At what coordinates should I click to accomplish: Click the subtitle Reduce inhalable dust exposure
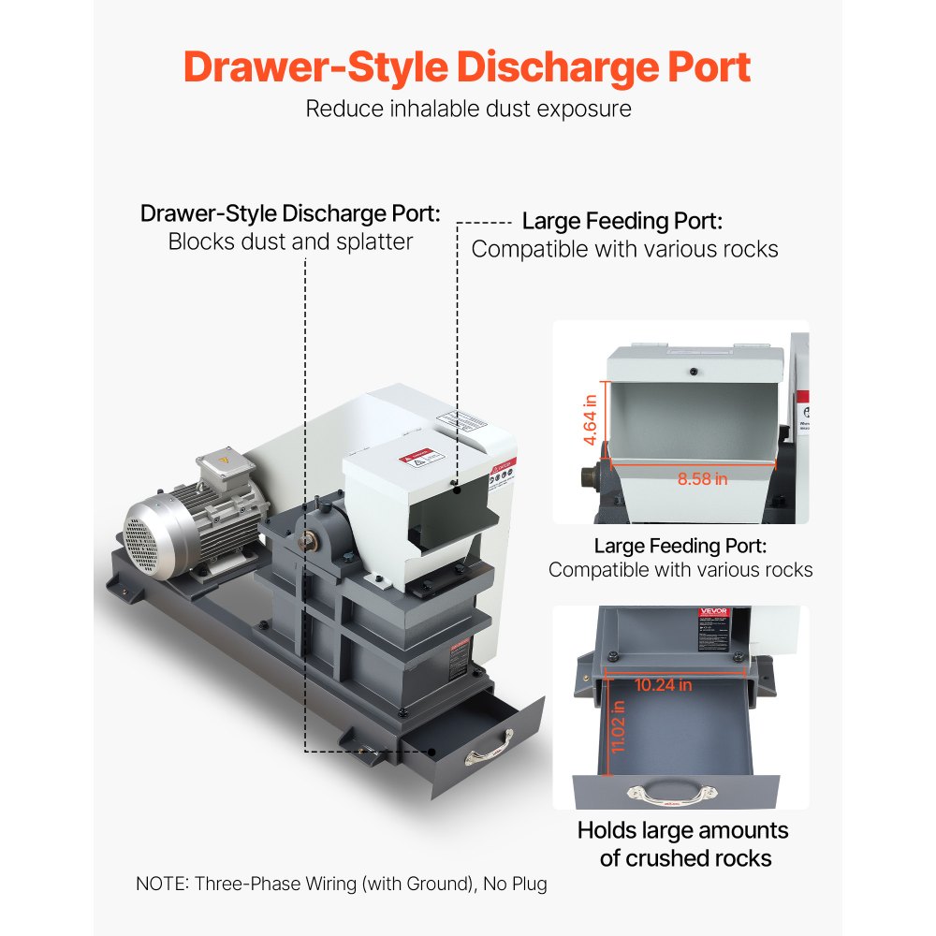pos(468,109)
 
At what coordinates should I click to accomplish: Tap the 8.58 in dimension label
pos(702,478)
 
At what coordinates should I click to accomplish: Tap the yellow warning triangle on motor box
pos(223,461)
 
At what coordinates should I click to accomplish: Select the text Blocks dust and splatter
pos(290,241)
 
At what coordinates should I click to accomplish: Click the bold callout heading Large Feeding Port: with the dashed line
pos(622,222)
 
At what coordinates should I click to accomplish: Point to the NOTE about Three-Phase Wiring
pos(341,883)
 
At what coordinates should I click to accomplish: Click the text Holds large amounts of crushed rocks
pos(682,843)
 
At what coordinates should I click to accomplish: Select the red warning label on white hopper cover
pos(418,458)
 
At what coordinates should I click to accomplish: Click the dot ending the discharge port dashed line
pos(431,751)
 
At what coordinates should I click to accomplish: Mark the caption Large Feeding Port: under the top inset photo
pos(680,545)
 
